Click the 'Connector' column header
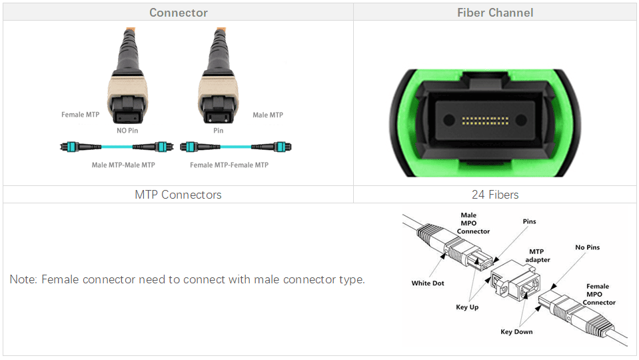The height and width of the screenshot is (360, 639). tap(179, 13)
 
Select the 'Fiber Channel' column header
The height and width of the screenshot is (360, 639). tap(495, 13)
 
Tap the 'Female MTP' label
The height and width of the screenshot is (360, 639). tap(80, 115)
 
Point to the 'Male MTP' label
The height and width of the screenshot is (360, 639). tap(268, 115)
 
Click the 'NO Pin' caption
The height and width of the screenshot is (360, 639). tap(127, 131)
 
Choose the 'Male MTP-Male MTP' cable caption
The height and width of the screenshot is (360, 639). tap(123, 165)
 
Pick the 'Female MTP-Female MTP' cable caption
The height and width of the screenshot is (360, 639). tap(229, 165)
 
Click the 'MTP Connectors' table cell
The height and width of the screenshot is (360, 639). tap(178, 195)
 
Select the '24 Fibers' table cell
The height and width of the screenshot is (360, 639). tap(495, 195)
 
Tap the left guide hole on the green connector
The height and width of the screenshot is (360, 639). tap(449, 120)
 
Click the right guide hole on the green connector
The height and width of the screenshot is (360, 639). tap(521, 120)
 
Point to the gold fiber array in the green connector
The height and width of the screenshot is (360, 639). tap(485, 121)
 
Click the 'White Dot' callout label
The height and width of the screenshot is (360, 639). tap(428, 283)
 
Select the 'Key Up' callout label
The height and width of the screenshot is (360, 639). tap(467, 307)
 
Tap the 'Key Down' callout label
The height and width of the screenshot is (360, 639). tap(516, 331)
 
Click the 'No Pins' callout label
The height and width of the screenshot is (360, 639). tap(587, 247)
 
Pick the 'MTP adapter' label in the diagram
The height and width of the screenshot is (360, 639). tap(537, 255)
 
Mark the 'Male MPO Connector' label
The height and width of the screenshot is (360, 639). tap(472, 223)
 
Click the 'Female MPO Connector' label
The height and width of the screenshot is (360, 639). tap(598, 295)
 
